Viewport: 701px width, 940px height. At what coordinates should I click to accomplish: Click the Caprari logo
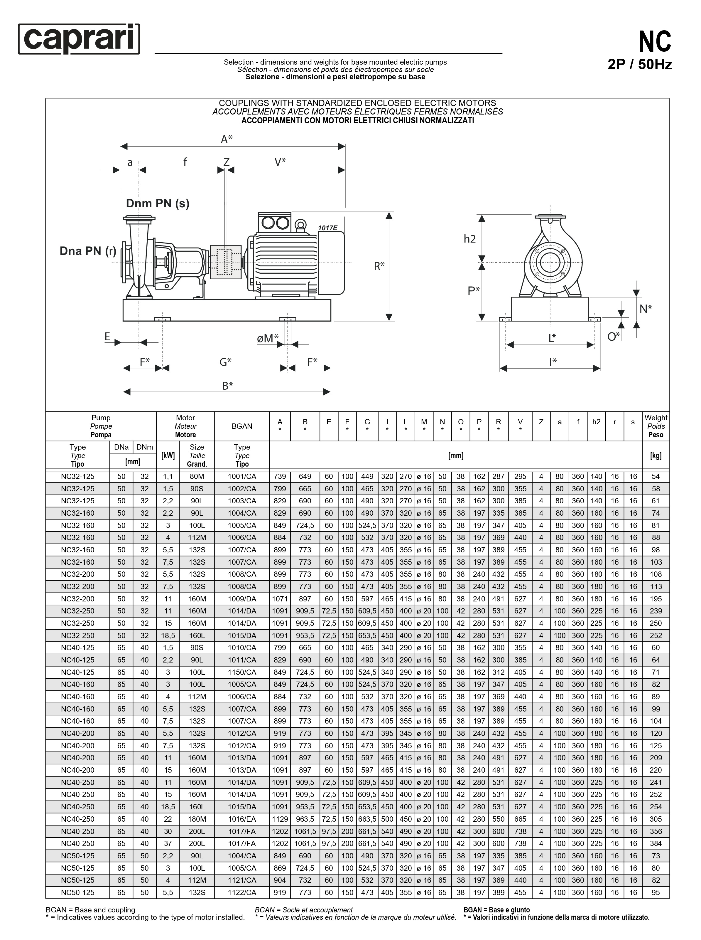(x=79, y=39)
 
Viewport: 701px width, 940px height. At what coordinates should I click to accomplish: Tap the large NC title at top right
(x=655, y=42)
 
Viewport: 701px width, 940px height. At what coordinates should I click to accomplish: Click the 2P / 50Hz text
(x=639, y=65)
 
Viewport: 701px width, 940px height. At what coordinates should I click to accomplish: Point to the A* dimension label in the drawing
(x=227, y=139)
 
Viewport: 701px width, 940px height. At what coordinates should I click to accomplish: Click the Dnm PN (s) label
(x=158, y=204)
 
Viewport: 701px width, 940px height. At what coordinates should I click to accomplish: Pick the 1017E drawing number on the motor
(x=327, y=228)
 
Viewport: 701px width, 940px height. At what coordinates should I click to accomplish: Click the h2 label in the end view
(x=470, y=239)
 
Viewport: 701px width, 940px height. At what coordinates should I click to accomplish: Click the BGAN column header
(x=242, y=426)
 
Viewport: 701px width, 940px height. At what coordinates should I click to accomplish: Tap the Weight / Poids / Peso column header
(x=656, y=426)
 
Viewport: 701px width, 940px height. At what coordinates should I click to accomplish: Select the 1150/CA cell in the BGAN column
(x=242, y=672)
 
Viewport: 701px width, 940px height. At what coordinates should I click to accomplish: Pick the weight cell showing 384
(x=656, y=844)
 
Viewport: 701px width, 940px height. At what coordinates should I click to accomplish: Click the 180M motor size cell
(x=197, y=819)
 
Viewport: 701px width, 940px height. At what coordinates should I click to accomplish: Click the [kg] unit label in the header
(x=656, y=455)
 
